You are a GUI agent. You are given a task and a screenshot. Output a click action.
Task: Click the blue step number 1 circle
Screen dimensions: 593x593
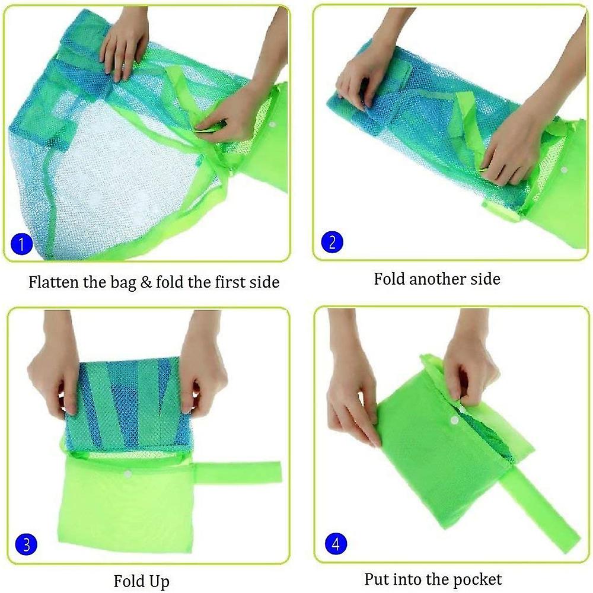21,243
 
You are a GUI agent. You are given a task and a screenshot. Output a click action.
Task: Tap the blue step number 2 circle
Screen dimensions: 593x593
332,242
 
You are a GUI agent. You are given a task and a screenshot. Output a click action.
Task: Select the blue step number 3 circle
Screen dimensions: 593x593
26,544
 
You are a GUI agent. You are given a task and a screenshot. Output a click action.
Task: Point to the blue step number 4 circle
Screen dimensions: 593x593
336,543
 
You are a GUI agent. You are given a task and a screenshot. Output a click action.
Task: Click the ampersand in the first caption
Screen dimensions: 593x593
146,282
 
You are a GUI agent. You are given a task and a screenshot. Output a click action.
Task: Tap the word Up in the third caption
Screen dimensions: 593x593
159,582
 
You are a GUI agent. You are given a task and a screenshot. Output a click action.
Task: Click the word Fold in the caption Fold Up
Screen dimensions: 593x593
128,581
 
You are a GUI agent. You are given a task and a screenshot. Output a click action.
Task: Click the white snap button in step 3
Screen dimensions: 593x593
128,474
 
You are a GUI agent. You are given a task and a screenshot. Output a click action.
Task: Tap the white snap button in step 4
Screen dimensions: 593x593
455,420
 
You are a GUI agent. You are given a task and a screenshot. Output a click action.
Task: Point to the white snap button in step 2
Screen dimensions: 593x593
564,170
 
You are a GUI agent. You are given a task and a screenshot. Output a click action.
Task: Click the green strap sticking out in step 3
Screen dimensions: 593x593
238,472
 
